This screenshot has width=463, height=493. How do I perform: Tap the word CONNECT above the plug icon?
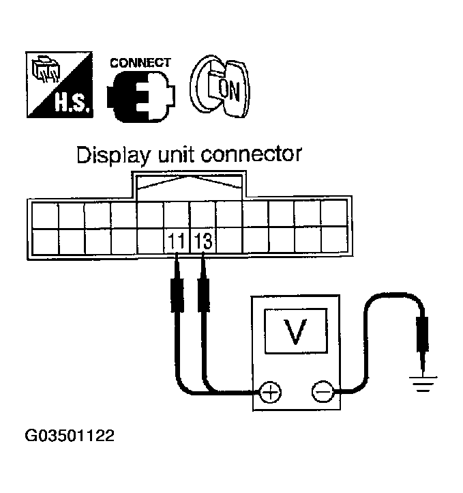tap(140, 62)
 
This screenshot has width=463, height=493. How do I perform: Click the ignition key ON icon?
tap(221, 85)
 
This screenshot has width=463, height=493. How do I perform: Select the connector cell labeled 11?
tap(177, 241)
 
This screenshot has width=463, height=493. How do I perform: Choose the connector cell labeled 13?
tap(203, 241)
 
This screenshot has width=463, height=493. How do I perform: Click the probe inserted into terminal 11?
tap(177, 287)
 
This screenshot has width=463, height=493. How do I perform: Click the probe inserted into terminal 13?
tap(203, 287)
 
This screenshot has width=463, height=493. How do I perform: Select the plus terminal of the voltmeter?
tap(271, 392)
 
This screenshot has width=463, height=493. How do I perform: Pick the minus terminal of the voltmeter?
tap(321, 392)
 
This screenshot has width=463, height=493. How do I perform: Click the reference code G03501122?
tap(69, 434)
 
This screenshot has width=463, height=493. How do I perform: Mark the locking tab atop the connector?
tap(190, 184)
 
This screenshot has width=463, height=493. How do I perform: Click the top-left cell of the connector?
tap(46, 216)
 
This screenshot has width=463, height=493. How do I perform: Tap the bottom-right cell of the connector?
tap(334, 241)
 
